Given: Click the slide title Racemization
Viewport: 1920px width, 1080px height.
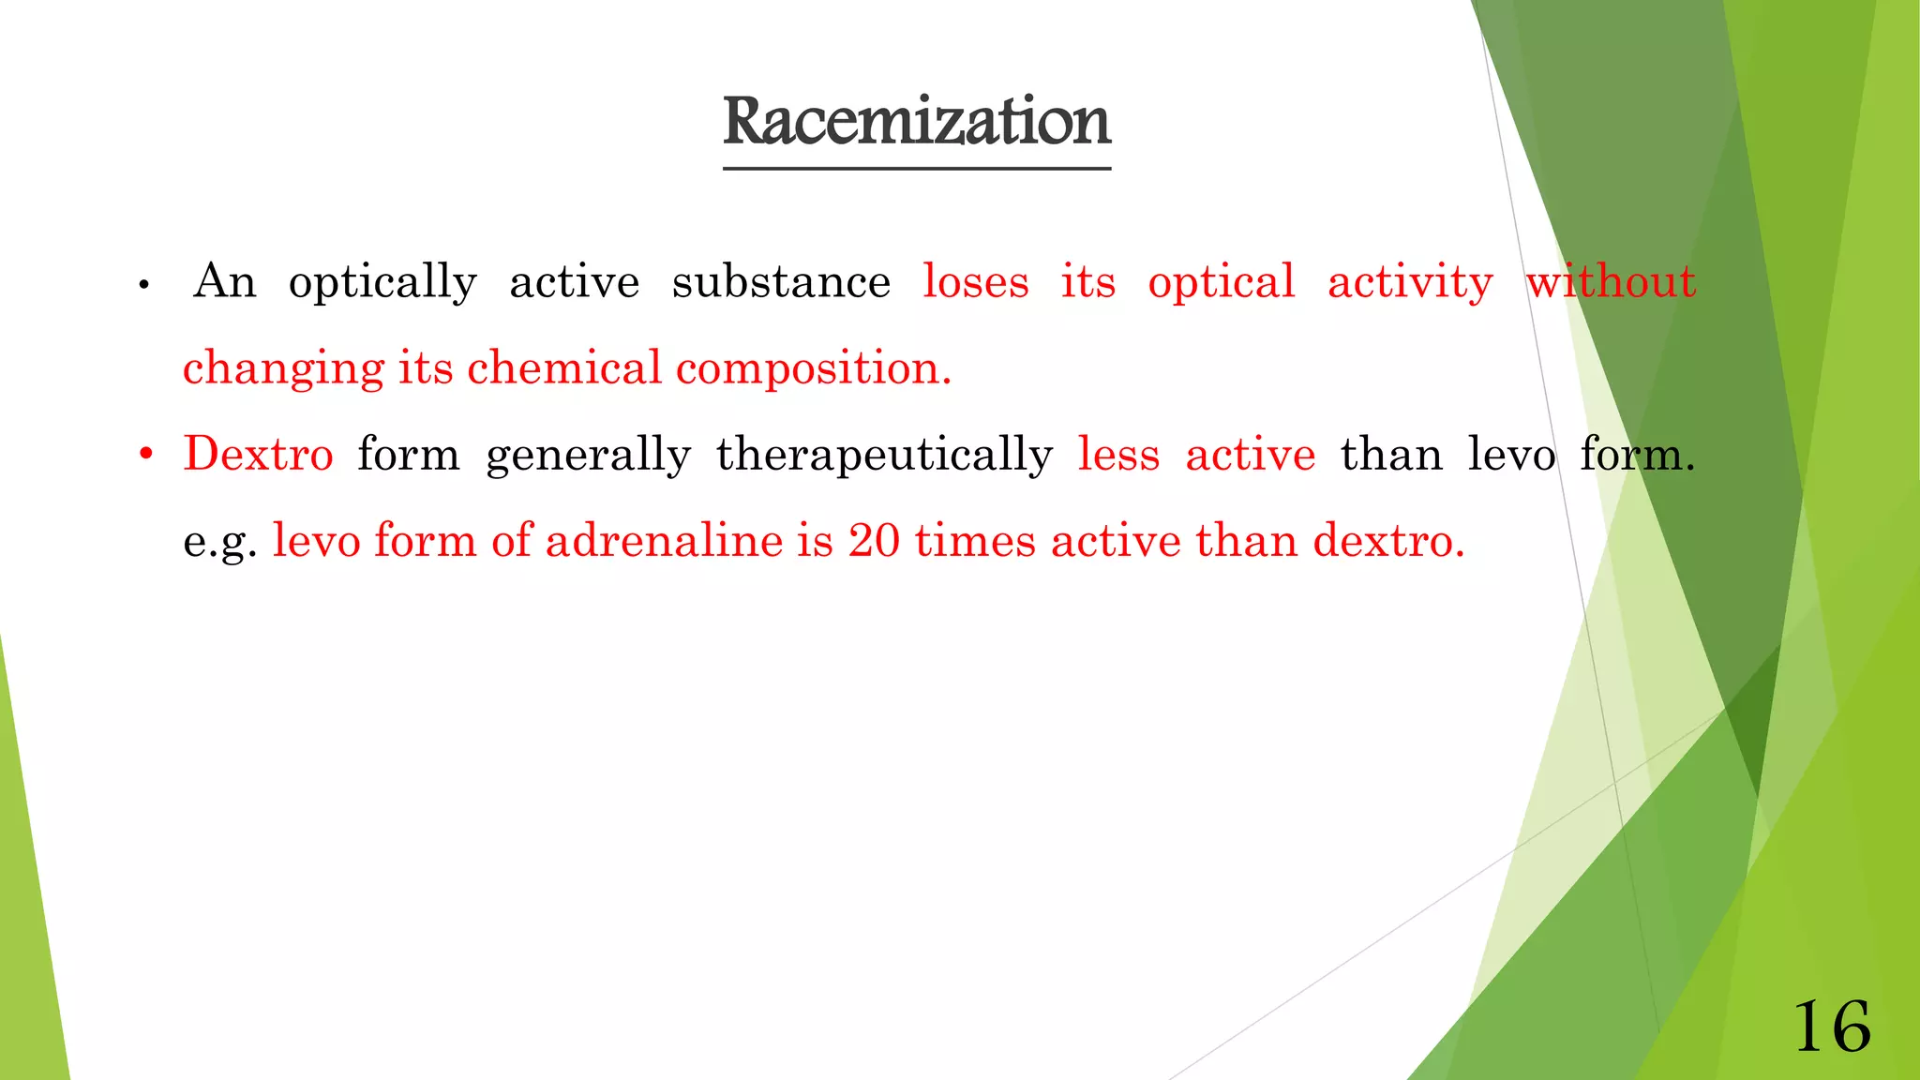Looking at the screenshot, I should click(916, 122).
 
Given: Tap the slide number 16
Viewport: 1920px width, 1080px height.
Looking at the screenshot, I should click(1832, 1027).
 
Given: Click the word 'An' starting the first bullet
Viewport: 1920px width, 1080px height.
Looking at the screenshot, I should click(225, 281).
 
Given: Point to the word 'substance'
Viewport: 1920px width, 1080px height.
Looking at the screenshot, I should click(781, 281).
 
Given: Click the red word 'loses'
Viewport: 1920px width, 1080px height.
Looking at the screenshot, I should click(975, 281).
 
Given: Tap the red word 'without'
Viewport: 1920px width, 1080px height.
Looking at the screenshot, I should click(1611, 281).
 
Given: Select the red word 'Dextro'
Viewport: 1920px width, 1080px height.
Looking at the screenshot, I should click(258, 455).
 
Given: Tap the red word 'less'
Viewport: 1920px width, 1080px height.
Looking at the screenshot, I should click(1118, 455).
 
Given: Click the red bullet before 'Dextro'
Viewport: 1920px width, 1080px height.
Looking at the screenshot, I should click(145, 456).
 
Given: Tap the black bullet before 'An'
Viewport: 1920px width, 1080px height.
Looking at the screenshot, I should click(143, 285).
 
